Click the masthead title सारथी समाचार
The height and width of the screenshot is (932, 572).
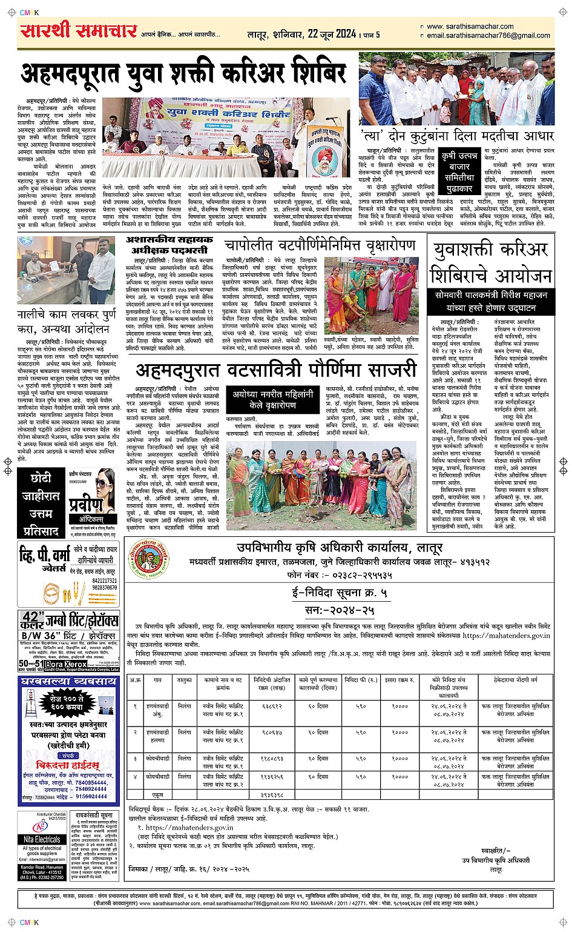(x=79, y=31)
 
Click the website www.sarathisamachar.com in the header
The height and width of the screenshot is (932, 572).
(x=470, y=27)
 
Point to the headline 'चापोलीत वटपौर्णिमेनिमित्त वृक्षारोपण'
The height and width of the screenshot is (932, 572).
(x=320, y=245)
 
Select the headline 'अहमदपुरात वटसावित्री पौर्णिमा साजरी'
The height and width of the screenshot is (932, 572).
(x=276, y=370)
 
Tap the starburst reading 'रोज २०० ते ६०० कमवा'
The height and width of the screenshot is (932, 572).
(x=67, y=703)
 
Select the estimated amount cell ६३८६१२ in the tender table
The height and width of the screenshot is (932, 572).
(x=272, y=707)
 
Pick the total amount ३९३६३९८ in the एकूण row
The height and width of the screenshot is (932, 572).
(x=272, y=794)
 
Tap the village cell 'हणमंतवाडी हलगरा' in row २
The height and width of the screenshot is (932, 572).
(x=156, y=736)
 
